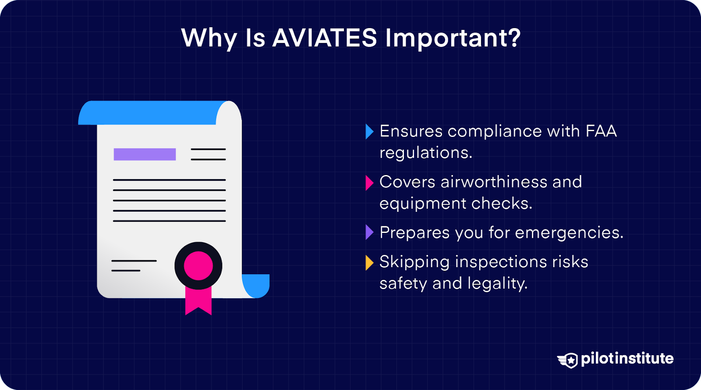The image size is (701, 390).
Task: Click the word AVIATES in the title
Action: pyautogui.click(x=324, y=38)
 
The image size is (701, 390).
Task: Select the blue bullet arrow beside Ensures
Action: pyautogui.click(x=369, y=132)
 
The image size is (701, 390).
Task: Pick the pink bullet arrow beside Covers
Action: pyautogui.click(x=369, y=182)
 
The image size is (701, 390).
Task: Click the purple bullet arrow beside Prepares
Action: pyautogui.click(x=369, y=233)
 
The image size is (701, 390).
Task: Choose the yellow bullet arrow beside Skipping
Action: pyautogui.click(x=369, y=262)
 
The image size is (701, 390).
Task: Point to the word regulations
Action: pyautogui.click(x=425, y=153)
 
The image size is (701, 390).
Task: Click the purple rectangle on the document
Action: pyautogui.click(x=145, y=154)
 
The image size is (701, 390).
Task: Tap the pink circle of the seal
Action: pyautogui.click(x=198, y=266)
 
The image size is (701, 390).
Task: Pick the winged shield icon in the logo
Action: pyautogui.click(x=568, y=360)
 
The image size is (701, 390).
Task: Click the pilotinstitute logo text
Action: pyautogui.click(x=627, y=359)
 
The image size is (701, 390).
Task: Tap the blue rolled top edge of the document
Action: pyautogui.click(x=149, y=112)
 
